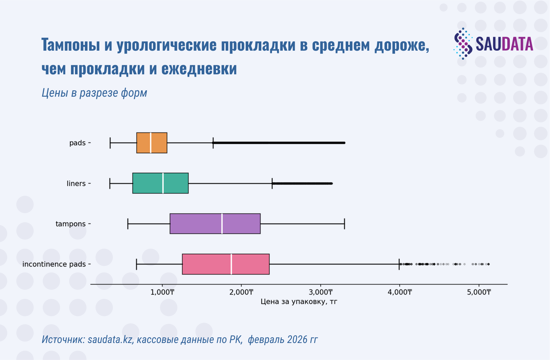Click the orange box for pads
point(144,143)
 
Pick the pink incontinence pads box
point(207,264)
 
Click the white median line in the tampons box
point(222,224)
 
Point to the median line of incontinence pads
point(231,264)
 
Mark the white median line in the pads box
point(151,143)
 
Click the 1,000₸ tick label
point(162,292)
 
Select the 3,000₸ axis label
point(321,292)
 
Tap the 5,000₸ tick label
point(479,292)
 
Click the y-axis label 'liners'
point(76,183)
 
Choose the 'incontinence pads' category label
point(54,264)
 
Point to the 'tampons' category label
point(70,224)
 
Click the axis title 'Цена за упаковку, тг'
point(299,302)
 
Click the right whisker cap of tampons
point(344,224)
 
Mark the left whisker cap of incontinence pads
point(136,264)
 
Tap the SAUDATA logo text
point(504,44)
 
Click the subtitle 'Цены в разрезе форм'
point(94,93)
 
